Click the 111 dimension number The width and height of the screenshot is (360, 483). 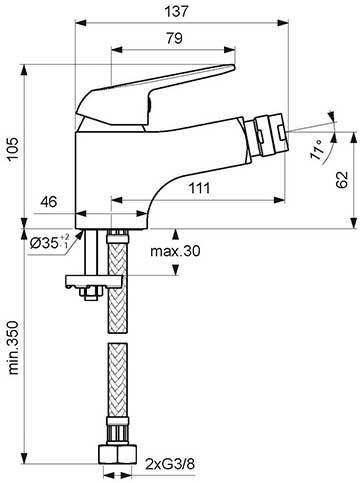pos(204,188)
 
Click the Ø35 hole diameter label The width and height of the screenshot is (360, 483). pos(46,243)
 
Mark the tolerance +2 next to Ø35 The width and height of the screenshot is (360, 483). pos(65,237)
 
